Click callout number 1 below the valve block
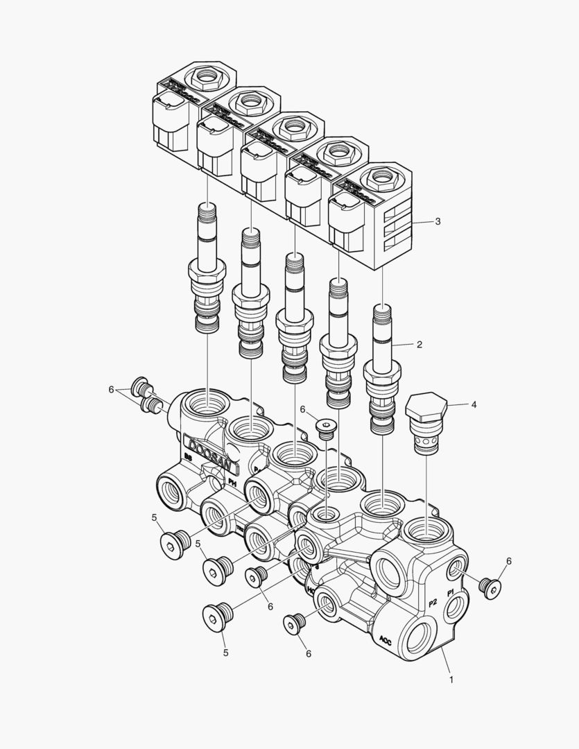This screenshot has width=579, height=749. coord(451,680)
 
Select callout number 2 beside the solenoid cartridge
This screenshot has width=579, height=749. coord(420,343)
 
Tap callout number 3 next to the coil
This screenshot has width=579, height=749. coord(438,222)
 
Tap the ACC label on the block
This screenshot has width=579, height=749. coord(386,640)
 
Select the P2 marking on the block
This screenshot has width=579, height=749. coord(433,602)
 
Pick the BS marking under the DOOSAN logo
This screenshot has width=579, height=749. coord(188,458)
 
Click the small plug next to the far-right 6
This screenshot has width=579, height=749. coord(490,587)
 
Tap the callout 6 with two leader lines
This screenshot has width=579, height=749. coord(110,390)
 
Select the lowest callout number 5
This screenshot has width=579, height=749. coord(225,652)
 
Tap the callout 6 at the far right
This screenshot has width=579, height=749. coord(508,561)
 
